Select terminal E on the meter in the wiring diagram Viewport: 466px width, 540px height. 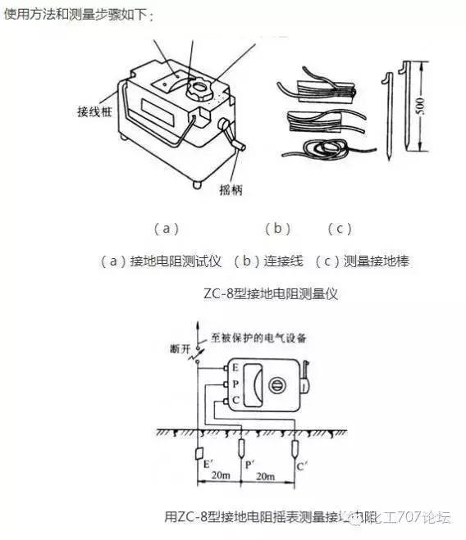pos(236,369)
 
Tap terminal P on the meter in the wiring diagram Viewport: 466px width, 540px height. pos(236,384)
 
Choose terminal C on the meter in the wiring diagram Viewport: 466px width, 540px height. pos(236,399)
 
